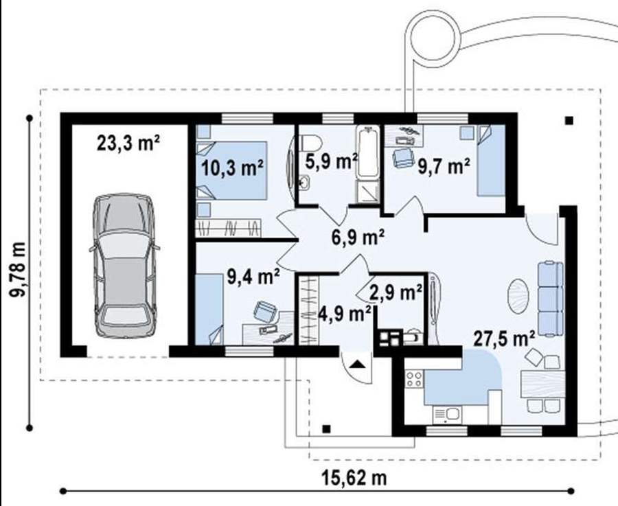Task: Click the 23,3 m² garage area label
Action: (x=128, y=143)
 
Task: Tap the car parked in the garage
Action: (x=124, y=265)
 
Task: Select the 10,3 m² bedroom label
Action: (x=233, y=168)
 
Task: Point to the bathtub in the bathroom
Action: (x=368, y=152)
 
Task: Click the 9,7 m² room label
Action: (x=444, y=166)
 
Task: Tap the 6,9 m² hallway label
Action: (x=358, y=238)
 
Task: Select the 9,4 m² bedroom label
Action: (x=254, y=277)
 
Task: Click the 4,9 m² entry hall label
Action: (x=345, y=314)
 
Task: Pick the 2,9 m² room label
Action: (x=396, y=292)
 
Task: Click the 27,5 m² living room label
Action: (x=504, y=338)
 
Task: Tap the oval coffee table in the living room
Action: (x=518, y=296)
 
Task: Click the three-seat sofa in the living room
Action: (x=550, y=299)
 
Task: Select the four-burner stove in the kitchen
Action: (x=414, y=379)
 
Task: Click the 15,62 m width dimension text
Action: (x=354, y=478)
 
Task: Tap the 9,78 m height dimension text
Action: (x=18, y=270)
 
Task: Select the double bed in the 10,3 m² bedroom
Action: (x=232, y=170)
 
